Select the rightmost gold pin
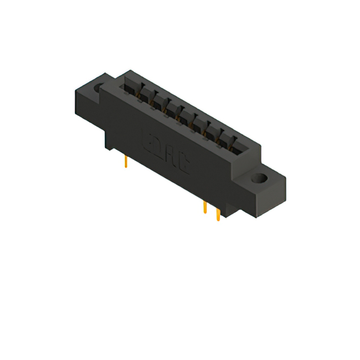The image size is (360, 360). click(218, 215)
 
